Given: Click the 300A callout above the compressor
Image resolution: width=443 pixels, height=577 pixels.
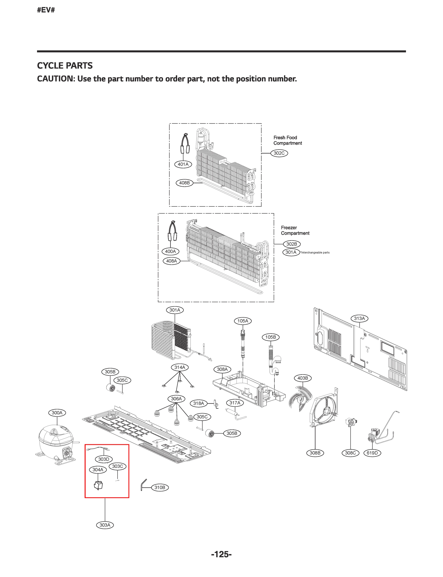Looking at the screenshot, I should tap(57, 413).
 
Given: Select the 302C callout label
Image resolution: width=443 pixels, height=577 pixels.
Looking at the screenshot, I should tap(279, 153).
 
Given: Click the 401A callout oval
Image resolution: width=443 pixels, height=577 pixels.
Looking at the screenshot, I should tap(183, 164).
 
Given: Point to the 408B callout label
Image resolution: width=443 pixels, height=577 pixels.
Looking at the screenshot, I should tap(184, 183).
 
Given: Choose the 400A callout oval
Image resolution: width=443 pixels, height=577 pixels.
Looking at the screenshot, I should tap(170, 251).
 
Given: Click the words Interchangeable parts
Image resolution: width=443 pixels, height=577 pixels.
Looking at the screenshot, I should tap(315, 253).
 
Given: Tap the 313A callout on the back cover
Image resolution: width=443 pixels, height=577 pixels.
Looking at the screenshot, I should tap(359, 318).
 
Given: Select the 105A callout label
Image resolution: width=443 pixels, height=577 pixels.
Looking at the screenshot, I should tap(243, 321).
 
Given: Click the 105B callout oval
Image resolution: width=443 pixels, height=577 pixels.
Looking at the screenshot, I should tap(271, 337).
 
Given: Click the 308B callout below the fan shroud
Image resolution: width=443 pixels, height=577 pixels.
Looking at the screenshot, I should tap(315, 453).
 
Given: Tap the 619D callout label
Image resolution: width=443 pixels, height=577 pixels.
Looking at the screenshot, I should tap(372, 453).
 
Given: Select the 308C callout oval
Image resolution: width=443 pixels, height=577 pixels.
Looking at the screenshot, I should tap(350, 453).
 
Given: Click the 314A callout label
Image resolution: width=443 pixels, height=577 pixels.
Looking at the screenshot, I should tap(180, 367).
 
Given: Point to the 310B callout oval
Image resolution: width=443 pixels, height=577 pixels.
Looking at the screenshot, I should tap(160, 488).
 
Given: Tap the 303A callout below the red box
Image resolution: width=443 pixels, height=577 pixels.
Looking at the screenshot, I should tap(105, 525).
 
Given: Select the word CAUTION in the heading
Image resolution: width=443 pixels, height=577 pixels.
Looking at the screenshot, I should tap(54, 79).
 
